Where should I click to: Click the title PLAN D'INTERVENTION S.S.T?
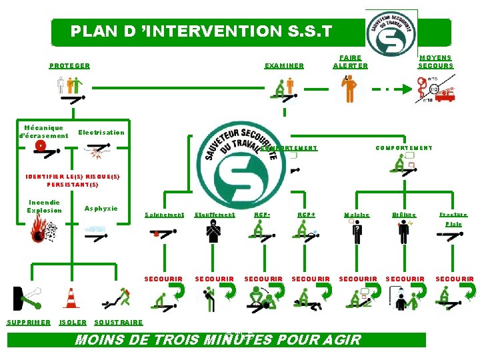point(200,31)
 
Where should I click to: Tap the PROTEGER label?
point(69,66)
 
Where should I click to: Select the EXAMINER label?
point(284,66)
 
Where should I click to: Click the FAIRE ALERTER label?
point(350,62)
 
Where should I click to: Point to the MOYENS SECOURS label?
point(435,62)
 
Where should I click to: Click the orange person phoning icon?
point(348,89)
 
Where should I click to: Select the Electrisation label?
point(101,133)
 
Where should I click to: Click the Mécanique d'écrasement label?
point(44,131)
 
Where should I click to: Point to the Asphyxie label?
point(101,209)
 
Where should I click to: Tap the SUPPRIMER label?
point(28,323)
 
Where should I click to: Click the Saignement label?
point(164,215)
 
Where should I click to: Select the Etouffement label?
point(215,215)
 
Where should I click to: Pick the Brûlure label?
point(404,215)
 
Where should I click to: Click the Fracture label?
point(453,215)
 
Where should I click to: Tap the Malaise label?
point(357,215)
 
